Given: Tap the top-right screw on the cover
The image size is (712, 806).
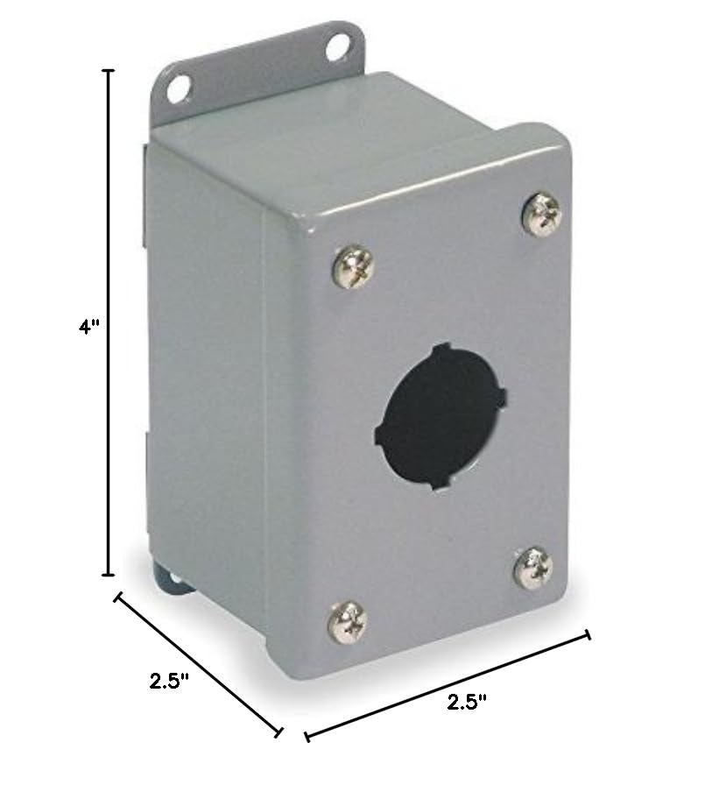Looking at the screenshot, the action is pos(540,214).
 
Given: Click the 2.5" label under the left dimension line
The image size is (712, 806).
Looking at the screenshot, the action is pos(169,681).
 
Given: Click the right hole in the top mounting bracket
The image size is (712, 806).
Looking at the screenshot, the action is pos(335,47).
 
